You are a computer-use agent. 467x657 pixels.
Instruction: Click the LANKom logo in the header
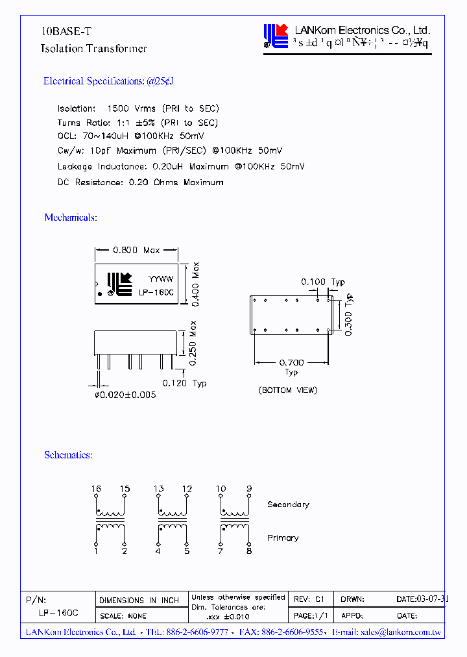275,36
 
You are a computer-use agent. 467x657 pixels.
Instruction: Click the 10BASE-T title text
62,31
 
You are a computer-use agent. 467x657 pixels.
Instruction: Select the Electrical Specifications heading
108,81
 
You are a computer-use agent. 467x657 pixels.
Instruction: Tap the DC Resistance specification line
140,182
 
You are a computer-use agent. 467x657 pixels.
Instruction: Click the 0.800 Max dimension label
136,250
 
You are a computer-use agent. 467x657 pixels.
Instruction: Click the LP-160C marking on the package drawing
156,292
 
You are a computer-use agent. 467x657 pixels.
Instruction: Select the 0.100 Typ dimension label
323,282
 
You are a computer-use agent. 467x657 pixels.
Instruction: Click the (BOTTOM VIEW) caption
288,390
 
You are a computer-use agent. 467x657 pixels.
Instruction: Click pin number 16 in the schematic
96,489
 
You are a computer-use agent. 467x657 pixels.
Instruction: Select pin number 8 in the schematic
249,551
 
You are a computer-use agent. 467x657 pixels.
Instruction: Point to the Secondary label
288,504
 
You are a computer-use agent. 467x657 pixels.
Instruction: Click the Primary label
283,538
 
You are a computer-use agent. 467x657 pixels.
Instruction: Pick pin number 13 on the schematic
158,489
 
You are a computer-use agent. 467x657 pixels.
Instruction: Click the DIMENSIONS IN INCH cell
139,601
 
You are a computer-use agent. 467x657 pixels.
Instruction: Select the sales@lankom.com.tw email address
401,632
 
